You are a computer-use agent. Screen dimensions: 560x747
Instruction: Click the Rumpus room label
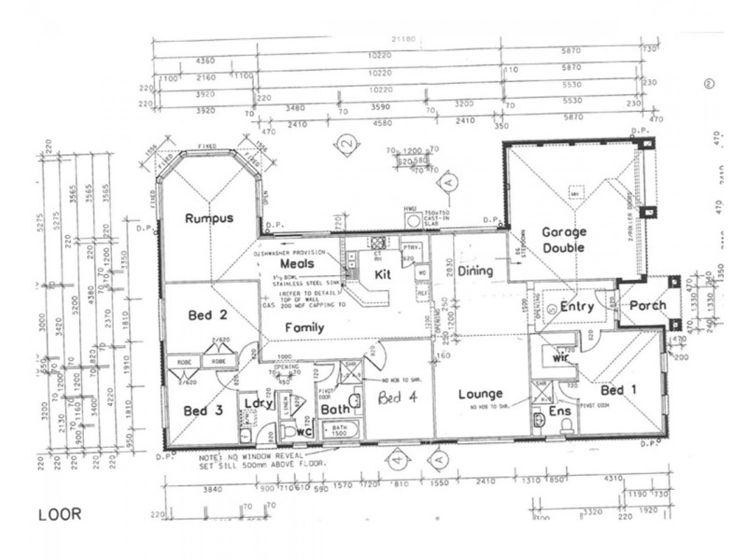[207, 218]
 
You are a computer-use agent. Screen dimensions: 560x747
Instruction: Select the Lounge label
[481, 395]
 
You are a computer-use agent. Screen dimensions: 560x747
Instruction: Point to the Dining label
[476, 271]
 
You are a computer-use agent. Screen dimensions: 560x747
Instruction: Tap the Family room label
[304, 328]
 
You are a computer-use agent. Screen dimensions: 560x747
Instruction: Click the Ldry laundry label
[258, 403]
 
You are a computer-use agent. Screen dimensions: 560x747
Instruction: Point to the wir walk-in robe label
[561, 357]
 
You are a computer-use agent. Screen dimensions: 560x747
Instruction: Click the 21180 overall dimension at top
[403, 40]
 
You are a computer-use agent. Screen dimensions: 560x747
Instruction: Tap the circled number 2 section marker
[346, 145]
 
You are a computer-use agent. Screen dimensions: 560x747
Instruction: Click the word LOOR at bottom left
[59, 513]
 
